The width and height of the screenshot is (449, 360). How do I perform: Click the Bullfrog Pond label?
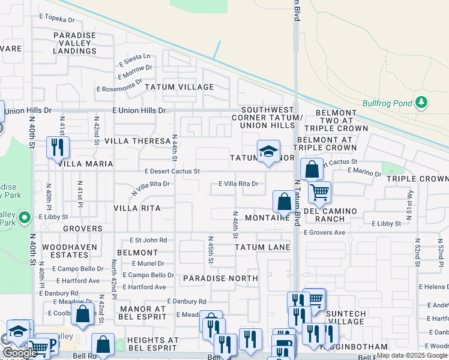pos(387,103)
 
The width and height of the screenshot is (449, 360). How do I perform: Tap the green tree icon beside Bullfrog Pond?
pos(421,102)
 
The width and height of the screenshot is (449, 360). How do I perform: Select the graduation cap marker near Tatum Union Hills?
pos(269,151)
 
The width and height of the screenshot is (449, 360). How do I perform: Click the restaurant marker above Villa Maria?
pos(58,147)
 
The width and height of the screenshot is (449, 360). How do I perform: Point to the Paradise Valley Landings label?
pos(75,43)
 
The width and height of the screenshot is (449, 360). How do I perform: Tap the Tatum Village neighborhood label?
pos(179,87)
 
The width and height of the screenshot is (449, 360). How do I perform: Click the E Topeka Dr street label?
pos(56,19)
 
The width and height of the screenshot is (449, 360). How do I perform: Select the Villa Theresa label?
pos(137,141)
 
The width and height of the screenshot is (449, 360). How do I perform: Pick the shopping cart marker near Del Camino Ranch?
pos(319,192)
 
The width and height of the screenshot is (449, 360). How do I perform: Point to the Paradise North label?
pos(220,278)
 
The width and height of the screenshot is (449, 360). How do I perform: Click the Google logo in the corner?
pos(20,353)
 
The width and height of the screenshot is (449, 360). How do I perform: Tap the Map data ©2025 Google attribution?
pos(412,355)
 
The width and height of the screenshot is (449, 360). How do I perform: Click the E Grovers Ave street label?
pos(324,233)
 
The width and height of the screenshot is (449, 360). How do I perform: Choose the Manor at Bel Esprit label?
pos(142,313)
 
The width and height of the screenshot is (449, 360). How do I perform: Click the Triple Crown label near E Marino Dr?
pos(417,179)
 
